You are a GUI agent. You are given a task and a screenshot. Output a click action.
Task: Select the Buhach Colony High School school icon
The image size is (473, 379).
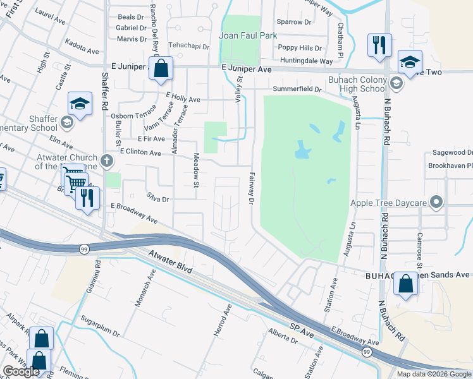tap(396, 83)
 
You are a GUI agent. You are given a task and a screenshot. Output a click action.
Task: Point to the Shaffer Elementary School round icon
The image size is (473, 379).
tap(66, 121)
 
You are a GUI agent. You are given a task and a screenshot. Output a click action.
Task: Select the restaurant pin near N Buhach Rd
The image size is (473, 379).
tap(379, 45)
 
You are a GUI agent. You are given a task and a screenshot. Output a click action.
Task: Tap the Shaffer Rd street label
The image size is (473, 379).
tap(105, 92)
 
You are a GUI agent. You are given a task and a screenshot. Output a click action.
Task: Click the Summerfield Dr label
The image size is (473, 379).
tap(297, 90)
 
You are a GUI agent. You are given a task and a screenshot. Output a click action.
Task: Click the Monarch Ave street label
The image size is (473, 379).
tap(144, 290)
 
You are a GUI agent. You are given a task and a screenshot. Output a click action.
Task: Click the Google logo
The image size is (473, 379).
tap(21, 371)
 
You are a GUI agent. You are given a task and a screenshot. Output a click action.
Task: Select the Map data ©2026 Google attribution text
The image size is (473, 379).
tap(433, 374)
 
